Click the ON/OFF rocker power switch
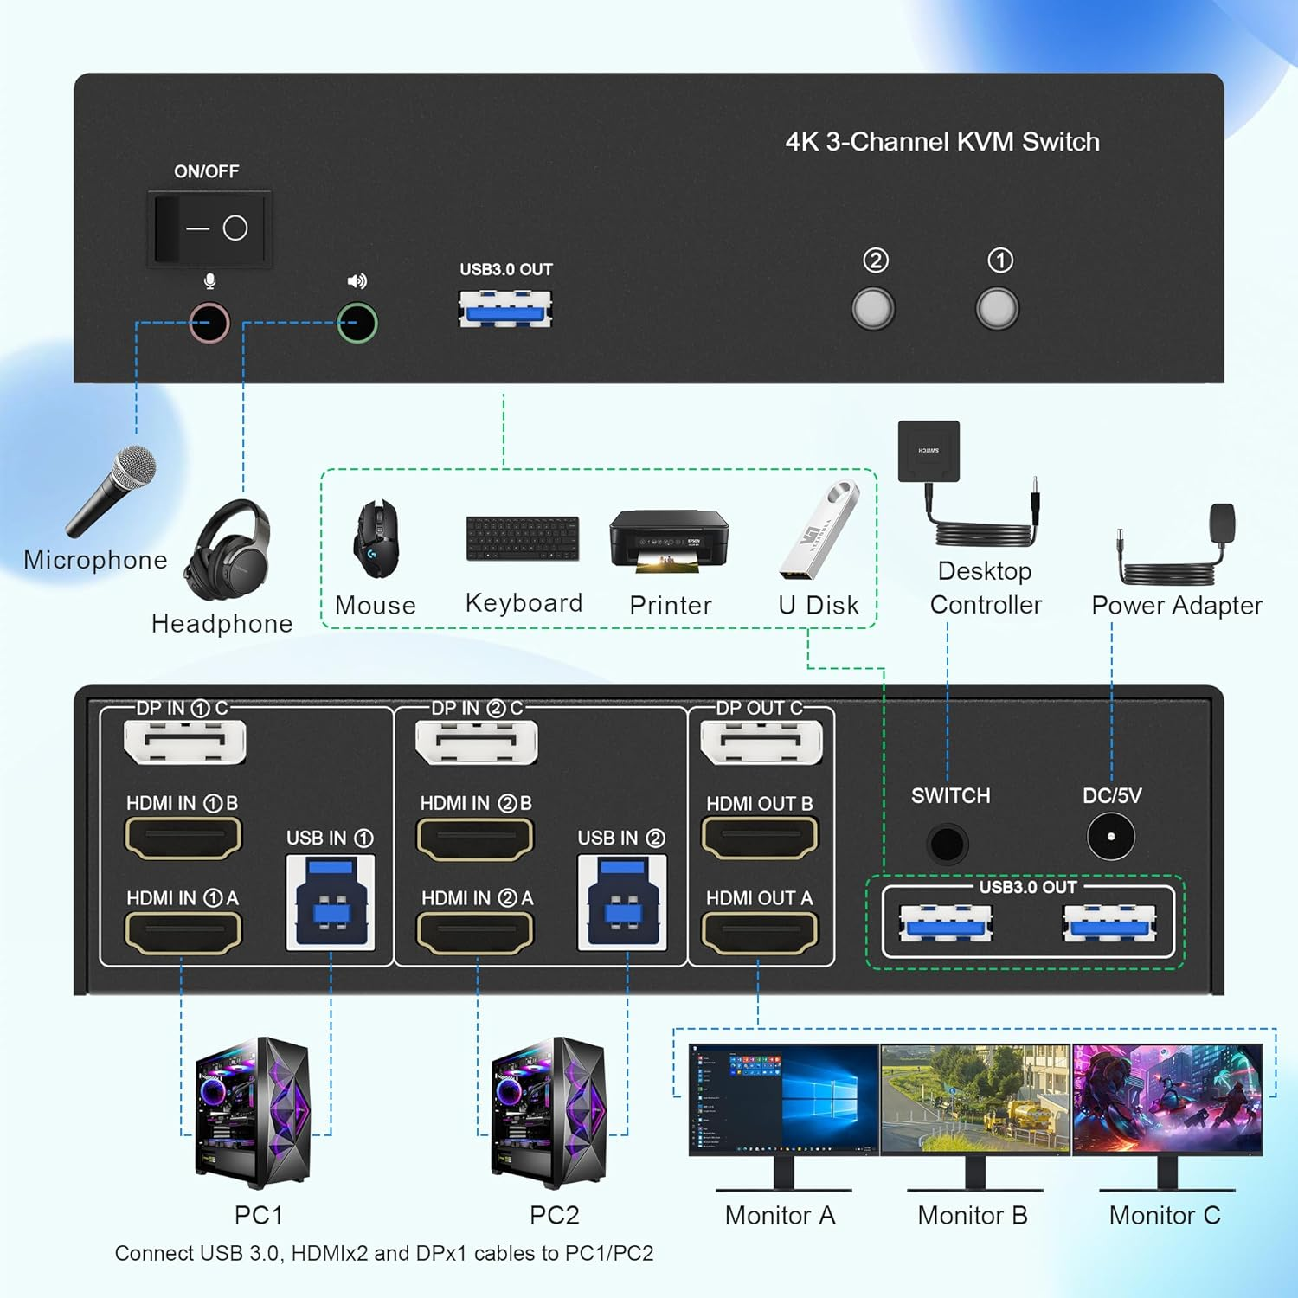[209, 228]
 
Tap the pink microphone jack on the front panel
[209, 323]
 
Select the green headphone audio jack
[357, 323]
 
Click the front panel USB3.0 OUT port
[505, 309]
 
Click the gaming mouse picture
[376, 538]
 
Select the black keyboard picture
[523, 538]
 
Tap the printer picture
[669, 541]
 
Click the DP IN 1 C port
[184, 742]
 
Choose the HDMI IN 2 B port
[475, 838]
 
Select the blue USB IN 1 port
[331, 902]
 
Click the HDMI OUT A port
[759, 932]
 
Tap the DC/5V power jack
[1110, 837]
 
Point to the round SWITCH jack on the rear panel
[947, 843]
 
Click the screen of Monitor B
[975, 1098]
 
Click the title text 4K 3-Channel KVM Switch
[942, 142]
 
